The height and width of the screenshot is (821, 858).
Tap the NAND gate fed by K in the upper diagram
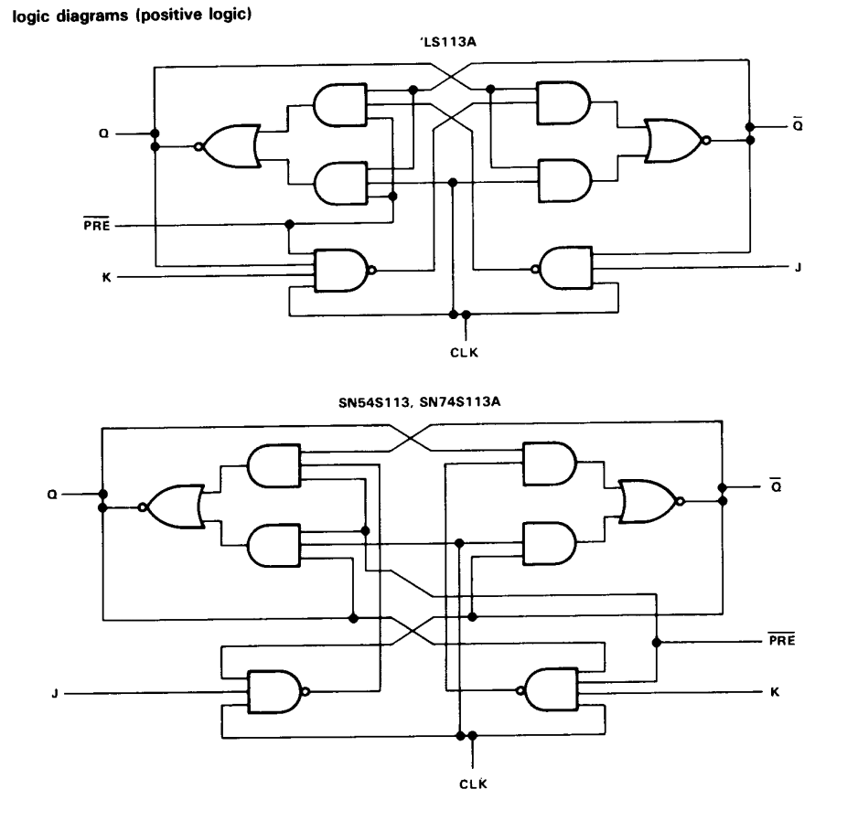[x=339, y=270]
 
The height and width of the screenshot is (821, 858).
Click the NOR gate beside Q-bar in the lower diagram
[x=649, y=502]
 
